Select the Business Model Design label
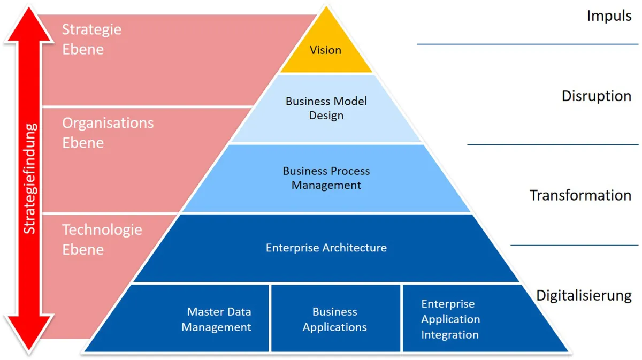point(326,108)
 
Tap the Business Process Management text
point(326,178)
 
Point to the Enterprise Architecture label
point(326,248)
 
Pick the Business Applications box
point(335,319)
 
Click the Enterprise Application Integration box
point(450,319)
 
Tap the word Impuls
point(609,16)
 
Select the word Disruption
point(596,96)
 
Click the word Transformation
point(580,195)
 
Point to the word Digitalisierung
point(584,295)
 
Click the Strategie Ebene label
point(91,39)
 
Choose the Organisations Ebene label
point(108,133)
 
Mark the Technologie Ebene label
point(102,239)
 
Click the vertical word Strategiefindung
point(29,178)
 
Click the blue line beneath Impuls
point(528,44)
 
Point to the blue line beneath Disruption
point(553,144)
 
